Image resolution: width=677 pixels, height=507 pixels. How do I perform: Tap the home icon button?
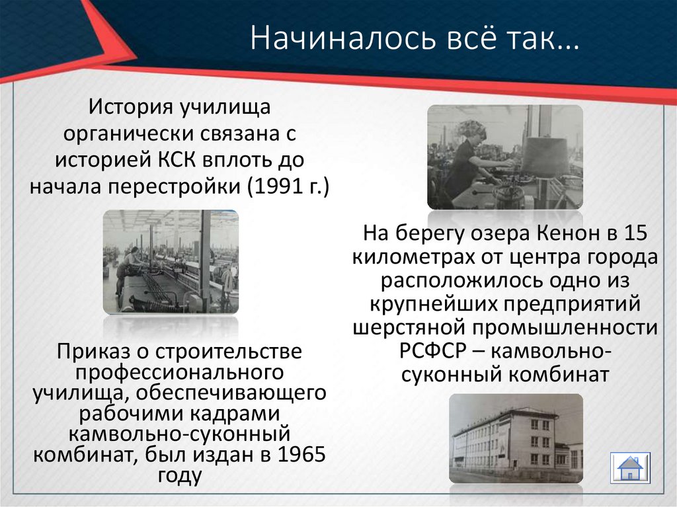tap(630, 467)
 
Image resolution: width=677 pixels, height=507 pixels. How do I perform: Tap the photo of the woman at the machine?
tap(505, 157)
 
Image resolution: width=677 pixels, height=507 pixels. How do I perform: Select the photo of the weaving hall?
tap(171, 262)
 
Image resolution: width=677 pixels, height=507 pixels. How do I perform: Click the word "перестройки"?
tap(177, 186)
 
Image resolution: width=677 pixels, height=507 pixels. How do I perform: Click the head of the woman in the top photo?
tap(473, 129)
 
